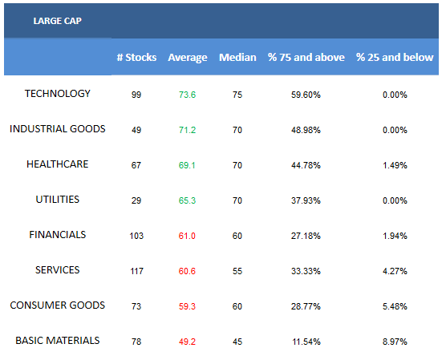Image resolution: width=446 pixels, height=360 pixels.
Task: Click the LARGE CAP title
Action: click(58, 21)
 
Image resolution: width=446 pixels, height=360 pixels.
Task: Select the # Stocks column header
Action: click(136, 58)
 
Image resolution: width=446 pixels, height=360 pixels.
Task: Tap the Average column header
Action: click(188, 58)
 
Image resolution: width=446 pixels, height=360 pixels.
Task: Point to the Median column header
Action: click(237, 58)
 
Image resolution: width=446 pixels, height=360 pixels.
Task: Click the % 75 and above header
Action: click(306, 58)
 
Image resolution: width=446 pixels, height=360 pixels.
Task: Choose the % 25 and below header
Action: click(395, 58)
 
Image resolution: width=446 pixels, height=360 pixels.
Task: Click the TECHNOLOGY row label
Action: click(58, 94)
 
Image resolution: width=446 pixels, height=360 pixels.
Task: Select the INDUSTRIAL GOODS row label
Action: click(58, 129)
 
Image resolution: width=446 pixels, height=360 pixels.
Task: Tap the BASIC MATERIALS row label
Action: click(58, 341)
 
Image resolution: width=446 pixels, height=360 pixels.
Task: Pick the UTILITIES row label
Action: click(58, 200)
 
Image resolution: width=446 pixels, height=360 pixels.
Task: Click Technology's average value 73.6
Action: click(187, 95)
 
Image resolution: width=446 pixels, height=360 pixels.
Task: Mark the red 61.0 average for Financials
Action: click(187, 236)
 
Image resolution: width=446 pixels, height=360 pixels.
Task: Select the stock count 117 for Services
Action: click(136, 271)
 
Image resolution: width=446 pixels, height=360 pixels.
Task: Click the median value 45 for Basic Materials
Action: click(237, 342)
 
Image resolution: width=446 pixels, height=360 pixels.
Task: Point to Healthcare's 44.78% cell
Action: click(306, 165)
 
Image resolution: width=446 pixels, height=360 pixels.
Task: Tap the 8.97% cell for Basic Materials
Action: click(395, 342)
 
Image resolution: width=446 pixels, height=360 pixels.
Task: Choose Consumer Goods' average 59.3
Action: click(187, 306)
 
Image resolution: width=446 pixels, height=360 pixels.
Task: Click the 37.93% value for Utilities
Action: click(306, 200)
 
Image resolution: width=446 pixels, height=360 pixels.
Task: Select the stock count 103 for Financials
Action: click(136, 236)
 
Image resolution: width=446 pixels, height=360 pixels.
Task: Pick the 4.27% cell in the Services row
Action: click(395, 271)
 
